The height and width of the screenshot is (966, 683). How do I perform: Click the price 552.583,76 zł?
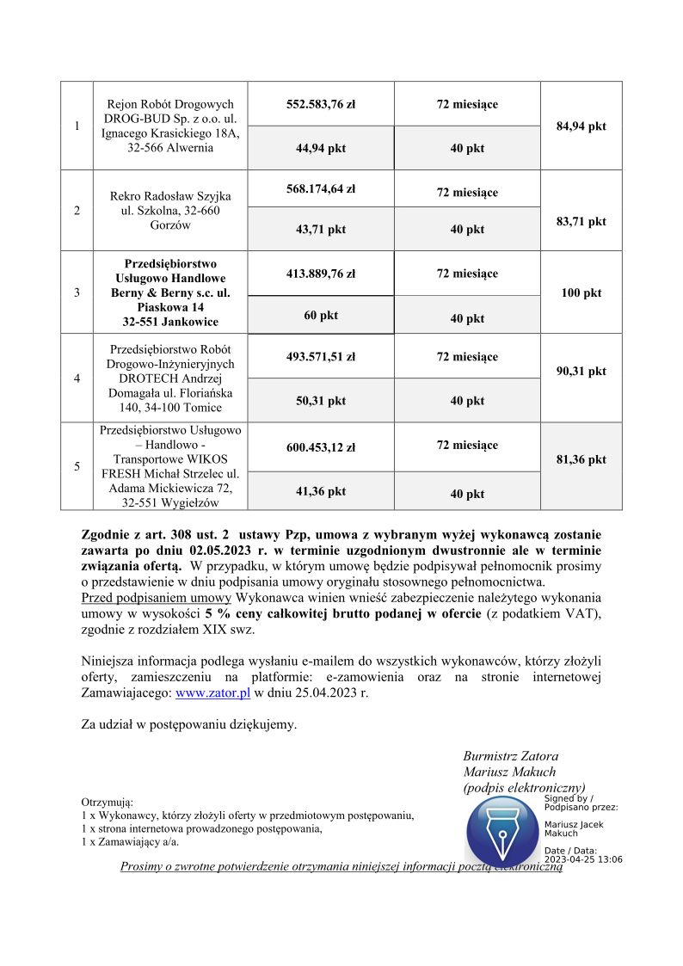pos(321,104)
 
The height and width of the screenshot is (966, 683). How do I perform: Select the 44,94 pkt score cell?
pos(321,148)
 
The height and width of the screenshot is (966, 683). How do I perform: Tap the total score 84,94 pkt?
pos(581,126)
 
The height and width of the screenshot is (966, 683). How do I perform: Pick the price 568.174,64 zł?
pos(321,188)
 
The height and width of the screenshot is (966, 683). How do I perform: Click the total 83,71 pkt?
pos(581,221)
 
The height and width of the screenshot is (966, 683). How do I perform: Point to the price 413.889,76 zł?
pos(321,274)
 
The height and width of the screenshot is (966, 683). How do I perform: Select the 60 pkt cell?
pos(321,316)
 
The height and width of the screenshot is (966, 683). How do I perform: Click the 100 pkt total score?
pos(581,292)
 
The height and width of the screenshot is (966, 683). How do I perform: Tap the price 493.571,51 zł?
pos(321,357)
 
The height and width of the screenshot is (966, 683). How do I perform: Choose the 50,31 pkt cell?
pos(321,401)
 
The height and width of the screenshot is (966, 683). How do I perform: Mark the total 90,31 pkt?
pos(581,371)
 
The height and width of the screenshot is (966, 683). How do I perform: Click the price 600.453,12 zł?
pos(321,447)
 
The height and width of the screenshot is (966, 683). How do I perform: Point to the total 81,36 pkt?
pos(581,459)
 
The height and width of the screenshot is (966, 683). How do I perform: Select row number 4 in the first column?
pos(77,377)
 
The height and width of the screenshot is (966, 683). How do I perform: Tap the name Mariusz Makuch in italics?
pos(509,772)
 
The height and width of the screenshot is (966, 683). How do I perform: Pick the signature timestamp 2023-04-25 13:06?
pos(583,859)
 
